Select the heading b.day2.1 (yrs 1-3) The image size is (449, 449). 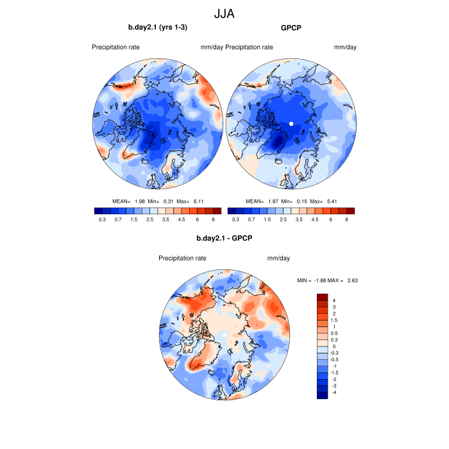[158, 28]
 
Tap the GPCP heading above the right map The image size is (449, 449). [291, 28]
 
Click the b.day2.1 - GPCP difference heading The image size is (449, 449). [224, 239]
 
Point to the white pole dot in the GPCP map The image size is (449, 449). [291, 123]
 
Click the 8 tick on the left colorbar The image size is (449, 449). [213, 219]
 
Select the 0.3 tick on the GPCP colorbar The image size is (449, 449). [235, 219]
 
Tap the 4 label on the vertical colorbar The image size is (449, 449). [334, 300]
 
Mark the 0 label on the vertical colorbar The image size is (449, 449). [334, 346]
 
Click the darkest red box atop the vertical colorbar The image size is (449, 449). [322, 298]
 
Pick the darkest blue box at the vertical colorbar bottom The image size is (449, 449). [322, 394]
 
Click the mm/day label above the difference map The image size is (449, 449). [278, 258]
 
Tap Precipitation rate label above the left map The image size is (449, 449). [115, 47]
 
